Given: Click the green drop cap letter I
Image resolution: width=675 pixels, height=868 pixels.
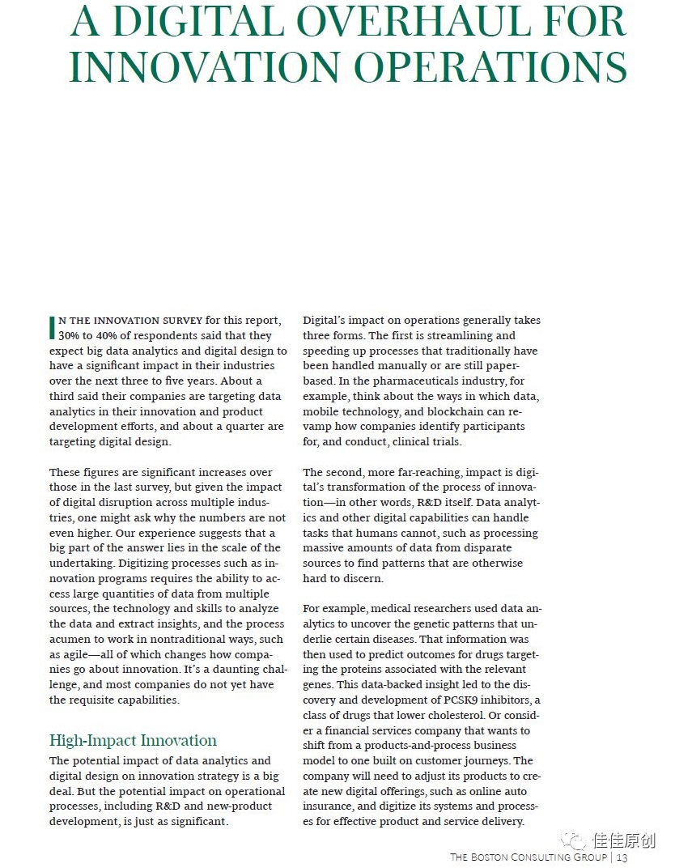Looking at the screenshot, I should pyautogui.click(x=53, y=327).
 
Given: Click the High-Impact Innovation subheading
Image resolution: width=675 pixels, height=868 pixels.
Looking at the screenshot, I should pyautogui.click(x=133, y=740).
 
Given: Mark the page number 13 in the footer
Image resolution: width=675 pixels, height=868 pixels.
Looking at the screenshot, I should pyautogui.click(x=622, y=857).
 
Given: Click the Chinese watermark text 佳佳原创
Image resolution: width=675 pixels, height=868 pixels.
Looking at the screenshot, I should pyautogui.click(x=624, y=840).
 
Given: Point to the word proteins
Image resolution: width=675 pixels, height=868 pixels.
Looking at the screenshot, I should pyautogui.click(x=363, y=670).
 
